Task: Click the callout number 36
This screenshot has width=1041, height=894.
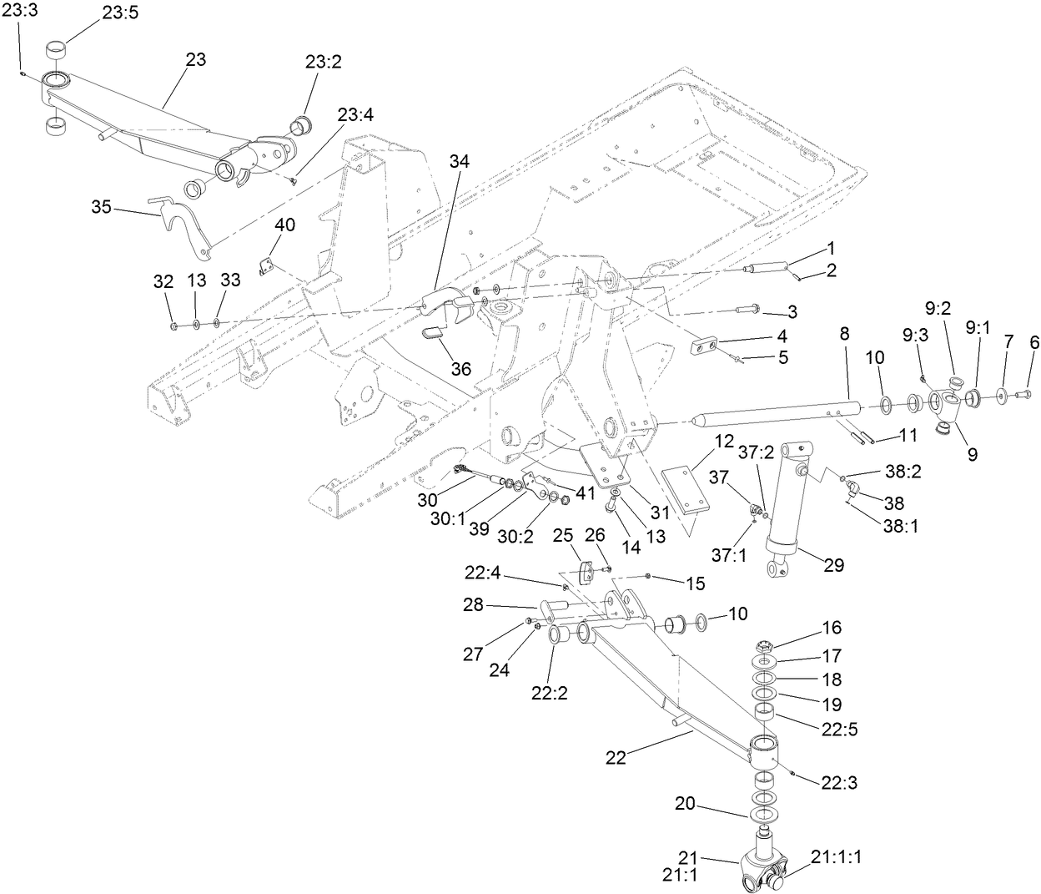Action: pyautogui.click(x=436, y=368)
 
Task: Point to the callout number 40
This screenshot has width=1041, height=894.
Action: pyautogui.click(x=286, y=225)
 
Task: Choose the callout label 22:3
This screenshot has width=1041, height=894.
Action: pyautogui.click(x=839, y=783)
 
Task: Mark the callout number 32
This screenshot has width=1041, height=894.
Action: pyautogui.click(x=163, y=281)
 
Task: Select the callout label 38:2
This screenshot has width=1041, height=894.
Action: pyautogui.click(x=902, y=472)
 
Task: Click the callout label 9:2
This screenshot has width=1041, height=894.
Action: pyautogui.click(x=938, y=309)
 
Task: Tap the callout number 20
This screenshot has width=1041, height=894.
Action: pyautogui.click(x=685, y=804)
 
